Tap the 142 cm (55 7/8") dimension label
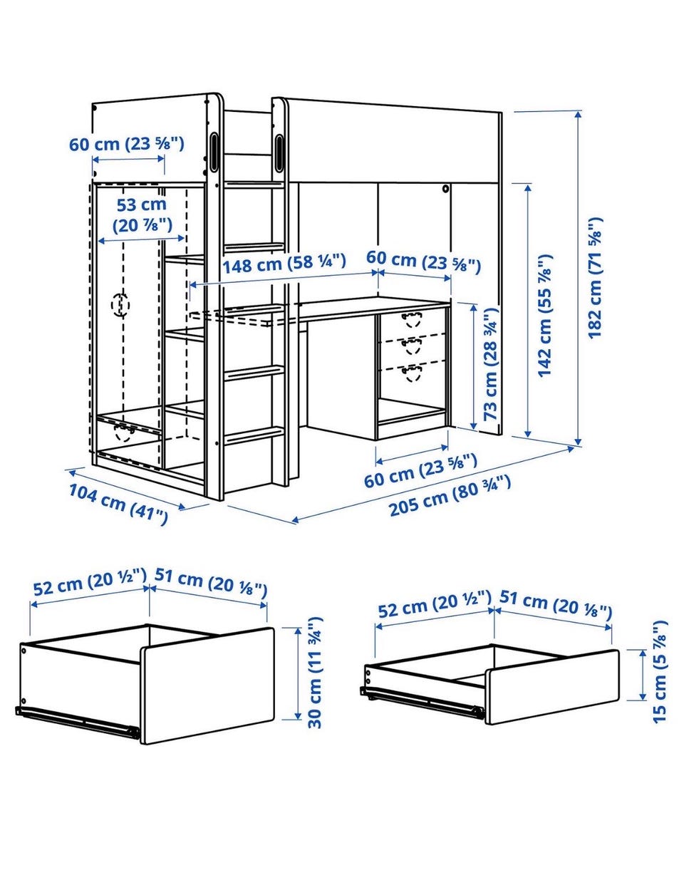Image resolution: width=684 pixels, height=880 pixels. click(544, 316)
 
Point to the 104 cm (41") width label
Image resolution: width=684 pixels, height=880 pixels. click(118, 504)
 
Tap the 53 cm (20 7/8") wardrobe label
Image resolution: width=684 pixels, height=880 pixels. click(142, 215)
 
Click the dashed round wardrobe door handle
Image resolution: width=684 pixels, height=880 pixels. click(120, 305)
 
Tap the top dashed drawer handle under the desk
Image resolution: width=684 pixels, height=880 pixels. click(412, 319)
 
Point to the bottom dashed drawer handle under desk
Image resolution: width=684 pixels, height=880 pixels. click(412, 373)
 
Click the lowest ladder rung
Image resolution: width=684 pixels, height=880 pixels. click(254, 435)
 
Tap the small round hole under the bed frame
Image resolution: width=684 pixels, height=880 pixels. click(446, 188)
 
